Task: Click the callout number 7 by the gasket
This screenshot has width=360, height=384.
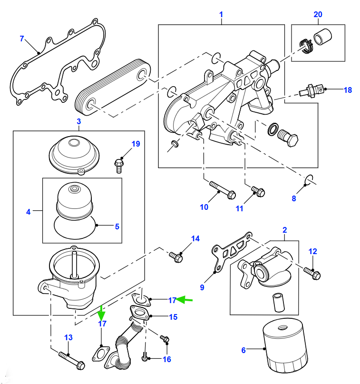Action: pos(22,39)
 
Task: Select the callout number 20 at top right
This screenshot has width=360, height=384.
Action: pos(318,14)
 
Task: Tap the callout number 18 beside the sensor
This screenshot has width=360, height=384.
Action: pos(348,90)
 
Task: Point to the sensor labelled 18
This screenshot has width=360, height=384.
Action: pos(311,91)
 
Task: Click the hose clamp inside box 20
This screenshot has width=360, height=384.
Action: pos(306,46)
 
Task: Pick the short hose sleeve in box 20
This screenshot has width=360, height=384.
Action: pos(322,37)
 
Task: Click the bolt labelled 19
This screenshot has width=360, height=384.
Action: pos(119,166)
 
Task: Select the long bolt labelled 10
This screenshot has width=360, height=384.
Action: pos(223,190)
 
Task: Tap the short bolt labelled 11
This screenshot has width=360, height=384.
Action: pos(258,191)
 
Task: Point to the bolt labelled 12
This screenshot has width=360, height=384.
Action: pos(312,273)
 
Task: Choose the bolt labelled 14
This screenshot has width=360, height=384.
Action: pos(176,257)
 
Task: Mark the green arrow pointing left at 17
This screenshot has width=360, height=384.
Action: pos(185,299)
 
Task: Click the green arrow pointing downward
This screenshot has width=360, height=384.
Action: pos(101,313)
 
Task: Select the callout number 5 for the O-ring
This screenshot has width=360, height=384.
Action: pos(117,226)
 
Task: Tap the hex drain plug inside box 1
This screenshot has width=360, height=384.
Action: pos(288,138)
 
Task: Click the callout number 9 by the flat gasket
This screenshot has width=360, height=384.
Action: pos(202,287)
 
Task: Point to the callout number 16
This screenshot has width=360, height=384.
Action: pos(166,359)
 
